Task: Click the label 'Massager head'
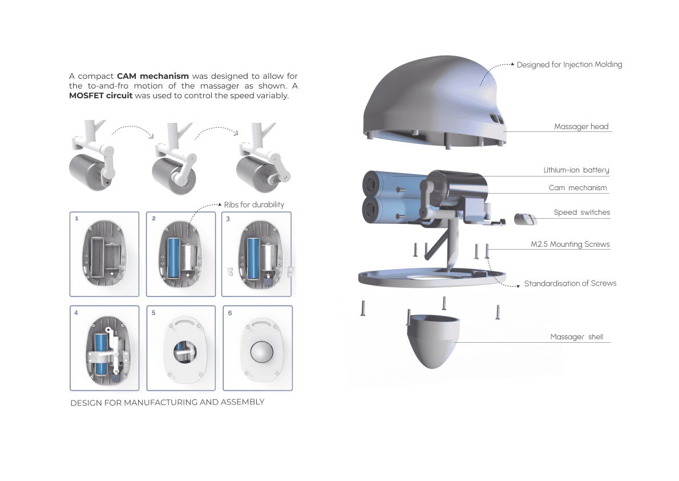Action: click(581, 126)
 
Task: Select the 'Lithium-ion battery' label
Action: click(576, 170)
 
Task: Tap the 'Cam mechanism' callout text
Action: click(577, 188)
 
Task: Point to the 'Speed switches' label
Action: click(581, 212)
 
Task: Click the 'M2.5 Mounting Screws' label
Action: click(571, 244)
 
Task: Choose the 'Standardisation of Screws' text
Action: click(571, 283)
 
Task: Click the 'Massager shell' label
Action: click(577, 336)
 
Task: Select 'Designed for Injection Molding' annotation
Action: click(569, 65)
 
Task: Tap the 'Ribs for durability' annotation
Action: click(254, 205)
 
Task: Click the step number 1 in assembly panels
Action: click(76, 218)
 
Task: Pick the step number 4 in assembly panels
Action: click(76, 312)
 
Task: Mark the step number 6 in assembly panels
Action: click(230, 312)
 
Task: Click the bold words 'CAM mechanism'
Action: click(153, 76)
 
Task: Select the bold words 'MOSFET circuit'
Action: click(100, 95)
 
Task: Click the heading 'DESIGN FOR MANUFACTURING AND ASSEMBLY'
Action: click(167, 403)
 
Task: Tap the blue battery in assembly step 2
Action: click(173, 258)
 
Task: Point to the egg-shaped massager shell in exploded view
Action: click(433, 342)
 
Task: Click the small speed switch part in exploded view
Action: click(526, 219)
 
